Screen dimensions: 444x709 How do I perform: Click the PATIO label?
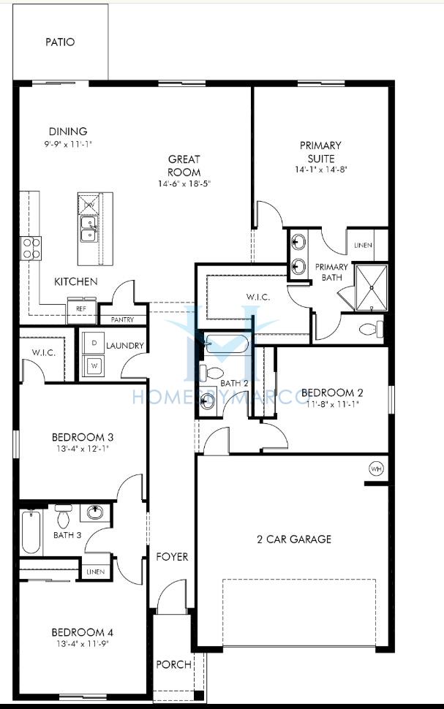click(x=60, y=42)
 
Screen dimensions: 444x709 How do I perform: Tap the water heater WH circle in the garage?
click(x=376, y=469)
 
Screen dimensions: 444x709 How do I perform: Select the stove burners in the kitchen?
click(x=31, y=249)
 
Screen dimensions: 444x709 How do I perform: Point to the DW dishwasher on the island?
click(x=89, y=204)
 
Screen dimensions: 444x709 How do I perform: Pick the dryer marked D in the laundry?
click(x=94, y=344)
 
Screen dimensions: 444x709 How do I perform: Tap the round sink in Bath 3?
click(x=95, y=513)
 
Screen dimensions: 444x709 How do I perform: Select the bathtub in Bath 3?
click(x=31, y=532)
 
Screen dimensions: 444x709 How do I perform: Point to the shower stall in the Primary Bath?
click(x=371, y=288)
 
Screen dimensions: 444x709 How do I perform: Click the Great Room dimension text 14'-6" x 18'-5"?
click(x=184, y=184)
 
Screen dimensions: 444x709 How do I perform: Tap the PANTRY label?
click(x=123, y=319)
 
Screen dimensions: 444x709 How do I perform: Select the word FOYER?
click(x=172, y=557)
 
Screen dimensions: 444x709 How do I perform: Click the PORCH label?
click(x=173, y=664)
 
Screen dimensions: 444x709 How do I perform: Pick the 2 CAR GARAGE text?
click(x=294, y=539)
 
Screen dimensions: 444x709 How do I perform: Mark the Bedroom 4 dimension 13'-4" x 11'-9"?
click(x=82, y=644)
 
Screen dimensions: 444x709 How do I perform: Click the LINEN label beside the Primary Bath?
click(x=363, y=246)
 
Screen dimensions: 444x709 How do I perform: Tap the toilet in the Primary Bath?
click(x=371, y=329)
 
